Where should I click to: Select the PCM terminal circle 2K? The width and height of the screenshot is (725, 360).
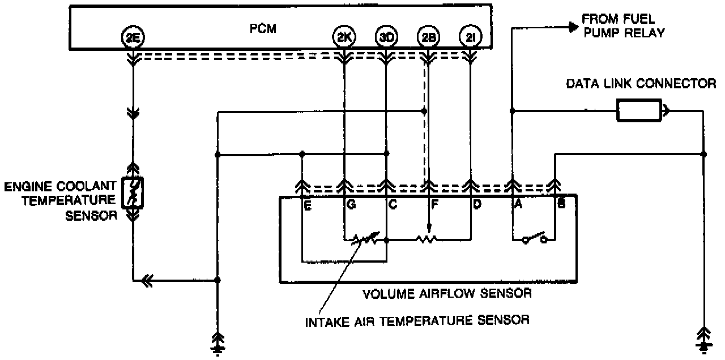(x=344, y=37)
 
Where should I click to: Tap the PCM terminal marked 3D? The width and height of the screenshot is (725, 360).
(x=386, y=37)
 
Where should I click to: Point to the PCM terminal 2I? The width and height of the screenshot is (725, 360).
(x=470, y=37)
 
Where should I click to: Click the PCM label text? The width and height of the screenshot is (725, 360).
(x=263, y=29)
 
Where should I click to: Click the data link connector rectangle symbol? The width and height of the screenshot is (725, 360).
(x=638, y=111)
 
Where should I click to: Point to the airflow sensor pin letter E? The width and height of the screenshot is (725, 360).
(x=307, y=206)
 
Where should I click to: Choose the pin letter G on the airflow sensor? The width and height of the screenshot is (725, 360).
(x=351, y=206)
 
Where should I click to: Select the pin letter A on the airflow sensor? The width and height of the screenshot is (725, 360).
(x=518, y=206)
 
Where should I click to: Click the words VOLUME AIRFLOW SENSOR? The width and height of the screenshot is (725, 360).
(x=447, y=293)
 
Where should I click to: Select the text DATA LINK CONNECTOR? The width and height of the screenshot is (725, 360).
(x=641, y=84)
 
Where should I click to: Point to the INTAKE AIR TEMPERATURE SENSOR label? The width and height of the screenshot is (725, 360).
(x=417, y=320)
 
